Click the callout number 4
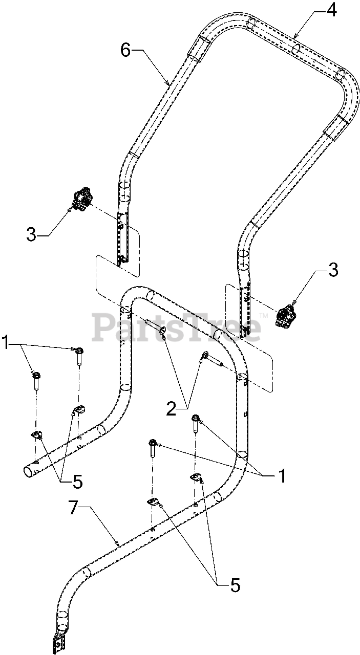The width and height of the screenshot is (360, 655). click(332, 10)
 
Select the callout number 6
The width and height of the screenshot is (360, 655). click(126, 50)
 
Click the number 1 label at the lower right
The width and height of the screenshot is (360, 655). click(281, 475)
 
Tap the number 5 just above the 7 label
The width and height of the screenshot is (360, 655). click(77, 482)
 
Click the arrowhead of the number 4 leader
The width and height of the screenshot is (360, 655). click(295, 36)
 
